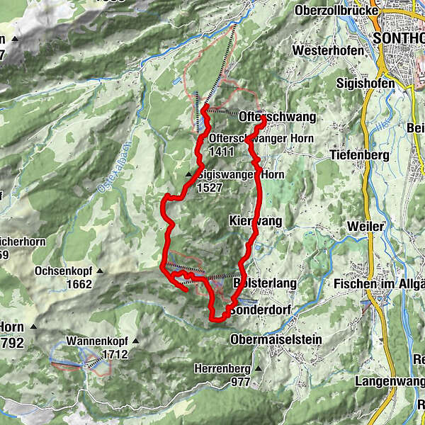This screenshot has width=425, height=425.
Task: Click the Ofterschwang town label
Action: [x=268, y=117]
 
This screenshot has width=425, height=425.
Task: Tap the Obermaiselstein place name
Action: [x=276, y=339]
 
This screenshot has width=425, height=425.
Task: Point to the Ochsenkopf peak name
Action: [x=64, y=271]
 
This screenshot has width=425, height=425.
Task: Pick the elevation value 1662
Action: [x=78, y=284]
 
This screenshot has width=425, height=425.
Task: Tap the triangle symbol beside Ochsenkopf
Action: [x=100, y=271]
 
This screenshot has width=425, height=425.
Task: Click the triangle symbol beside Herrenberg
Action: [x=259, y=369]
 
